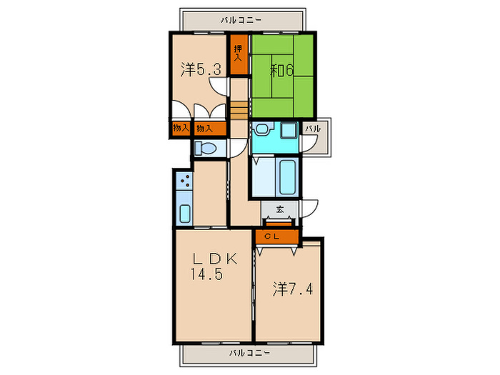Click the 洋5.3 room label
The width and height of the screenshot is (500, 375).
click(201, 69)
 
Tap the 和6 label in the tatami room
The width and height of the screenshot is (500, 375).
click(282, 70)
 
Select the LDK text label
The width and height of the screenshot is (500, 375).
click(215, 259)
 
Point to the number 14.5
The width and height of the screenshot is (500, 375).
click(206, 274)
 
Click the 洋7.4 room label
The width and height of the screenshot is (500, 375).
click(293, 289)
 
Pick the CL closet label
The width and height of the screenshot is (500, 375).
click(272, 236)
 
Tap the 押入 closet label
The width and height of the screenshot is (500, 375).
click(238, 54)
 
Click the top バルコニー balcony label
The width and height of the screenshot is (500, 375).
click(241, 20)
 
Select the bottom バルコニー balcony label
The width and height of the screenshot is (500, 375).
click(250, 353)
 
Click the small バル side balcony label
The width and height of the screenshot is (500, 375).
click(313, 129)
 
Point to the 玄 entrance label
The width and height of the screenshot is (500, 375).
click(280, 209)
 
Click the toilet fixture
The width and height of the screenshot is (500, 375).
click(206, 149)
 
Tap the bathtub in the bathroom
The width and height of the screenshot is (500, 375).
click(288, 177)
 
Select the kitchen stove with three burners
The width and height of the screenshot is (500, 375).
click(184, 181)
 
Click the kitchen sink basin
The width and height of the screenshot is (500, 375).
click(185, 214)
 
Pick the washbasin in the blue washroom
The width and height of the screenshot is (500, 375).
click(263, 129)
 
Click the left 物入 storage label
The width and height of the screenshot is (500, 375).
click(181, 128)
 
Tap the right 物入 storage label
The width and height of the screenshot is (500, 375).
click(204, 129)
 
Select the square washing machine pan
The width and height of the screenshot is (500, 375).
click(289, 130)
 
